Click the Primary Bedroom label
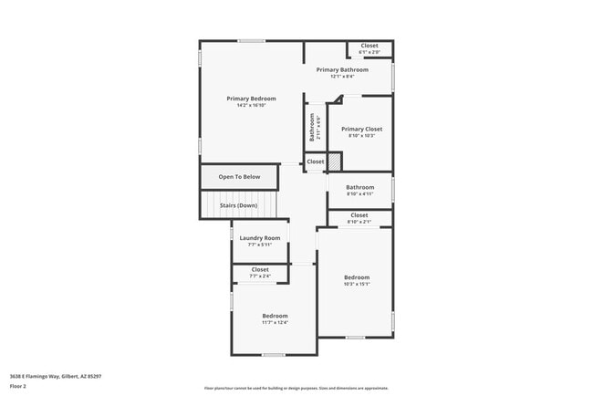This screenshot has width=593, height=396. coord(251,99)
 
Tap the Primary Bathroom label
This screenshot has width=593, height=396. coord(342,69)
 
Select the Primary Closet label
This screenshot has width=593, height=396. coord(361,130)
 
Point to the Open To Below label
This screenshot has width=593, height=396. coord(239,177)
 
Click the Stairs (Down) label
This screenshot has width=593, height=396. coord(239,205)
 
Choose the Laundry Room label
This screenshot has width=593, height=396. coord(260,238)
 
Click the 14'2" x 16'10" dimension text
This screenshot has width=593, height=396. coord(251,106)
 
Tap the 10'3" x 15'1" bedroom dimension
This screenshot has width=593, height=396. coord(356,284)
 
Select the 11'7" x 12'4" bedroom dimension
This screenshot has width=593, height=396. coord(275,322)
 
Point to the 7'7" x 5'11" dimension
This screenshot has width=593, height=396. coord(260,245)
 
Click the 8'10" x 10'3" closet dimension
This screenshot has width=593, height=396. coord(361,136)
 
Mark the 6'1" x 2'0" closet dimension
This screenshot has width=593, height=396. coord(369,52)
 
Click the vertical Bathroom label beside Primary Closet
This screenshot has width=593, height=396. coord(312,126)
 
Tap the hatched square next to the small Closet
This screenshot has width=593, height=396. coord(335,162)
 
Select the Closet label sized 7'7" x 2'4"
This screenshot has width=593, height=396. coord(260,269)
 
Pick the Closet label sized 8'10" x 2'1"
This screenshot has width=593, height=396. coord(359,215)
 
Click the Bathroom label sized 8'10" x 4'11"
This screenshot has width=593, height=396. coord(359,187)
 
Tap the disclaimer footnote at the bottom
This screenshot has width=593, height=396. coord(296,387)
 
